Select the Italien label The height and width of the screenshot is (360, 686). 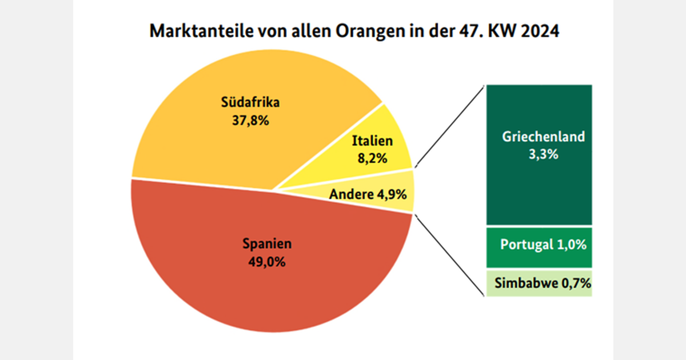pyautogui.click(x=372, y=141)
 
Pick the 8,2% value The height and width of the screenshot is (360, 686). pyautogui.click(x=372, y=158)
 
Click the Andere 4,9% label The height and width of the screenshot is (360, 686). pyautogui.click(x=368, y=194)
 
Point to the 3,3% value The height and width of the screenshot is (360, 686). pyautogui.click(x=543, y=154)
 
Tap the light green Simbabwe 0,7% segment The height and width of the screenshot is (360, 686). pyautogui.click(x=539, y=283)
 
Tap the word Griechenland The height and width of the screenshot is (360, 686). pyautogui.click(x=543, y=137)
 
